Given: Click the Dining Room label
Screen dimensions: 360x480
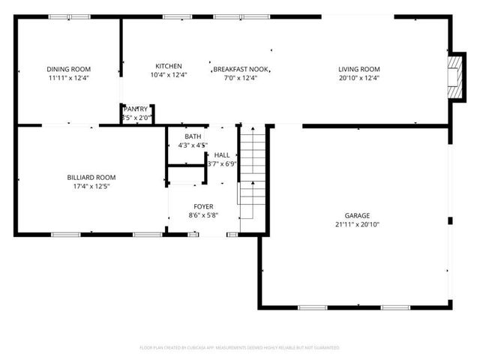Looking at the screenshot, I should (64, 69).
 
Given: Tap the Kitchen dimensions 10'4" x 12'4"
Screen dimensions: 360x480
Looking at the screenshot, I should (169, 75).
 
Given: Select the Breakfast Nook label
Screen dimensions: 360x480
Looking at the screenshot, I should (241, 69).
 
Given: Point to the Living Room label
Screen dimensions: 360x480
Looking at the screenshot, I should (359, 69).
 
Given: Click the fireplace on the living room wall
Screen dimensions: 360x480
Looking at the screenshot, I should (454, 76).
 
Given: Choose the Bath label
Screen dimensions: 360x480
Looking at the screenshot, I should (193, 136).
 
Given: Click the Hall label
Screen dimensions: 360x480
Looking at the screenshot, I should (222, 154).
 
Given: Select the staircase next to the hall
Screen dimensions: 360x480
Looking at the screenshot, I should (252, 172).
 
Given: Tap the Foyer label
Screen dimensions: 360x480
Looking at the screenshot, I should (203, 205).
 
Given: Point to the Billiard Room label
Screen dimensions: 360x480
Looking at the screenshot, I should (91, 178).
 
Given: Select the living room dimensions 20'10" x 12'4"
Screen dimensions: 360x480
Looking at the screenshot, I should (359, 78).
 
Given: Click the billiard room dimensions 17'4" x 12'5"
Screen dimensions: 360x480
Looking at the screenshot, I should (91, 187).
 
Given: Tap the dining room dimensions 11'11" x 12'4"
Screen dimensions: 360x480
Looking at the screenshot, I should (64, 78).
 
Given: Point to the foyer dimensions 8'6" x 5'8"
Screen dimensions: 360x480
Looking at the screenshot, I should (203, 214).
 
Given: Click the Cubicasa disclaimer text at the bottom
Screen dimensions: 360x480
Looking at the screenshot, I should (240, 348).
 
